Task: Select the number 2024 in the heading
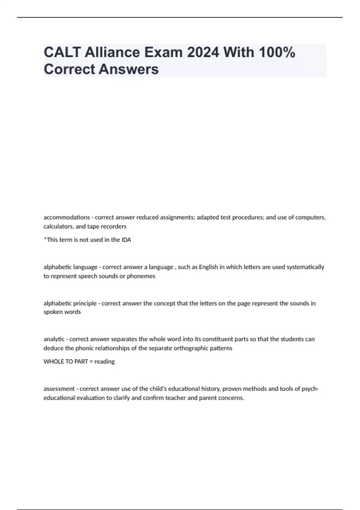[203, 52]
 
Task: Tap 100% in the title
[277, 52]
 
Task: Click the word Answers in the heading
[129, 69]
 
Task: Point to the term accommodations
[67, 217]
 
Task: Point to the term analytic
[54, 339]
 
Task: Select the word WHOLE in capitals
[53, 361]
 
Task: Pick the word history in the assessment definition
[210, 389]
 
